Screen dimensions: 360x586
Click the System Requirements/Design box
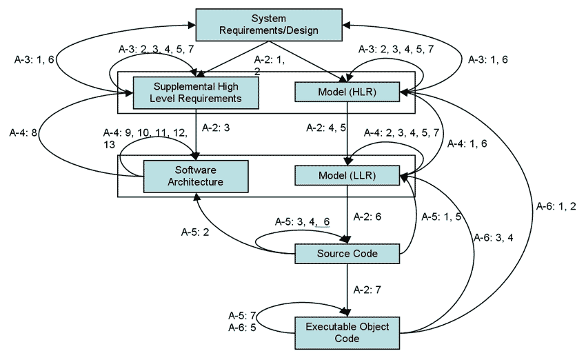tap(269, 24)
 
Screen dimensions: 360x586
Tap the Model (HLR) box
tap(347, 92)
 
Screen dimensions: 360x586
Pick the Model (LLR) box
tap(347, 176)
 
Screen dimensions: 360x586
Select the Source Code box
tap(347, 254)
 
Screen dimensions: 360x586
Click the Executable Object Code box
tap(347, 332)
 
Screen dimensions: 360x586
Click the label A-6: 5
tap(242, 328)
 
